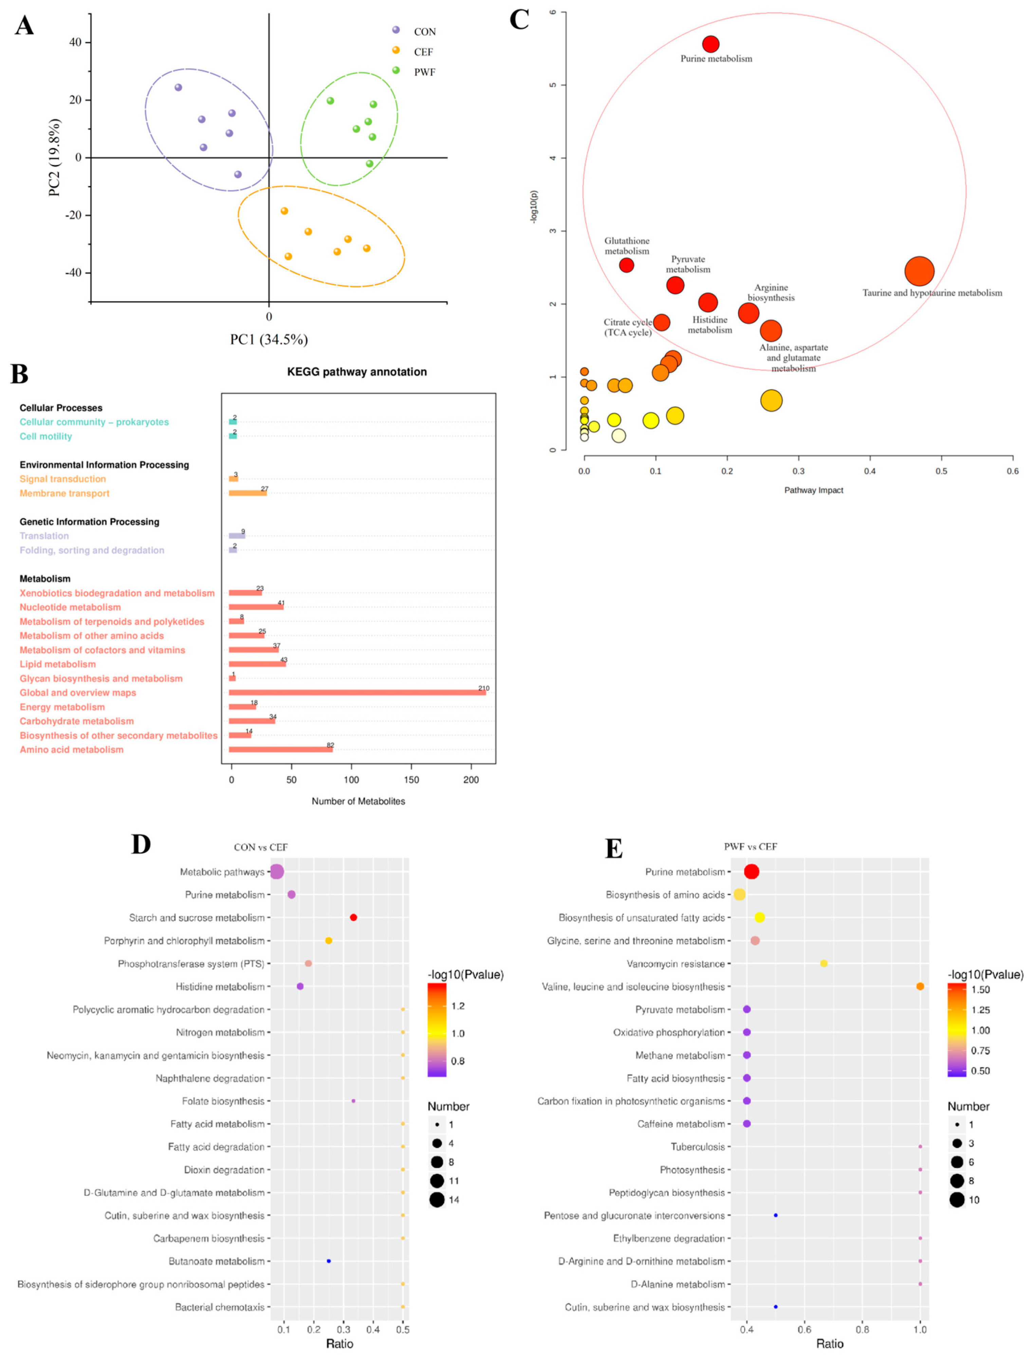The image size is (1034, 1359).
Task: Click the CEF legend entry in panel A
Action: click(x=423, y=52)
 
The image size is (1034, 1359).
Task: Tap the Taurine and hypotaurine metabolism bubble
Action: click(x=919, y=271)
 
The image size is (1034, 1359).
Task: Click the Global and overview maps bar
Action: click(x=357, y=693)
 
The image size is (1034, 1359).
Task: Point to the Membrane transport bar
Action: click(x=247, y=493)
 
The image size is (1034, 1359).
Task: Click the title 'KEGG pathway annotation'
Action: click(x=357, y=372)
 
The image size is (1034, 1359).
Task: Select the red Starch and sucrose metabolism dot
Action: click(x=353, y=917)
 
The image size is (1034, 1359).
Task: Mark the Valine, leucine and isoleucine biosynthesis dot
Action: click(x=920, y=986)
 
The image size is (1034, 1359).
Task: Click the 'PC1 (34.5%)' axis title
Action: click(x=269, y=339)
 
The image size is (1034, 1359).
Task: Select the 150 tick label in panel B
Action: click(x=411, y=780)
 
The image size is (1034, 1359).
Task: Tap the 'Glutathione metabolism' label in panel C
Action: click(x=627, y=245)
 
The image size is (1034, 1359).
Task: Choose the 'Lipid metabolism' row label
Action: click(x=58, y=664)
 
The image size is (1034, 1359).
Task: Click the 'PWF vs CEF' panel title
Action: click(x=750, y=847)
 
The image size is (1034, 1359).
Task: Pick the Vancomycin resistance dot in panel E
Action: click(x=824, y=963)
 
